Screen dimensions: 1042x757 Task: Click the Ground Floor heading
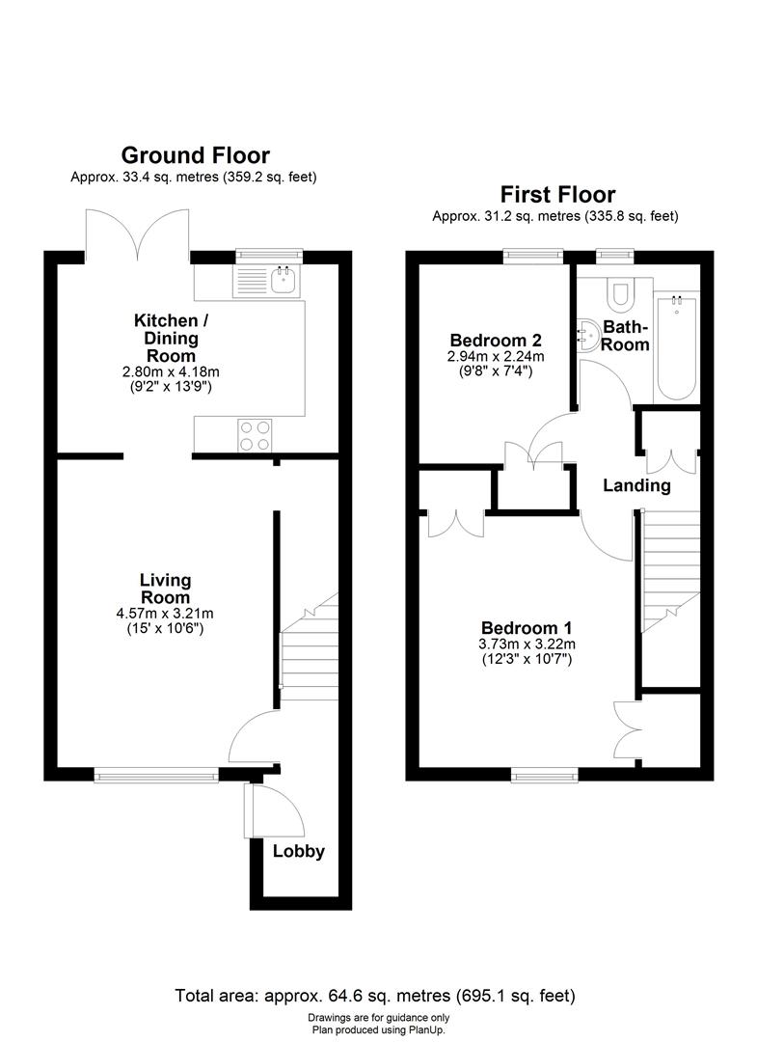click(195, 154)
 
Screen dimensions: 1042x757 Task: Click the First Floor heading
click(556, 194)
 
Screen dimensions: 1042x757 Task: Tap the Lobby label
click(299, 851)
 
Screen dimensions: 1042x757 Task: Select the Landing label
click(636, 485)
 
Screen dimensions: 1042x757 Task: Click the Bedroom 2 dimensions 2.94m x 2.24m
click(496, 357)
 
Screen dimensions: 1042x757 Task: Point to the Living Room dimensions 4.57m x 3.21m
click(165, 614)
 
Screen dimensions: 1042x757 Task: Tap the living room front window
click(156, 773)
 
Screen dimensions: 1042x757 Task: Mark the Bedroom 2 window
click(533, 256)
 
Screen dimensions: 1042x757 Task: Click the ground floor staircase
click(309, 646)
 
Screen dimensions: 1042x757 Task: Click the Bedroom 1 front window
click(544, 773)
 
